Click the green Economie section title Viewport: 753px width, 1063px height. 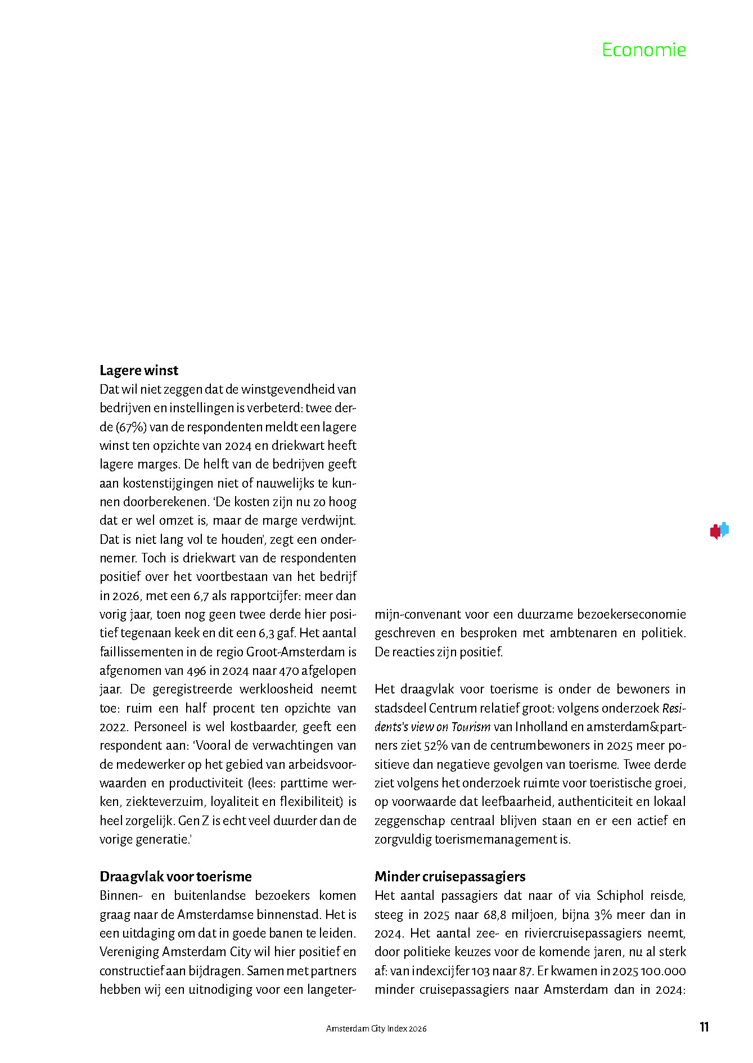pyautogui.click(x=643, y=50)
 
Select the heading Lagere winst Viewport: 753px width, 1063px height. pyautogui.click(x=139, y=370)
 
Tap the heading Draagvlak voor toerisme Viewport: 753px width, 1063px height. pyautogui.click(x=175, y=876)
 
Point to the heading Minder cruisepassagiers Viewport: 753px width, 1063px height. pyautogui.click(x=450, y=876)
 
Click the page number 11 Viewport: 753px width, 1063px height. pyautogui.click(x=704, y=1027)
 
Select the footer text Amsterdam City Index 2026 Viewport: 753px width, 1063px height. pyautogui.click(x=376, y=1029)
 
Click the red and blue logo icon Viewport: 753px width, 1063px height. pyautogui.click(x=719, y=530)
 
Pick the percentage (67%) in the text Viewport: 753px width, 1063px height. pyautogui.click(x=132, y=427)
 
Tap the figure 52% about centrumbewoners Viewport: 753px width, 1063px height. pyautogui.click(x=434, y=746)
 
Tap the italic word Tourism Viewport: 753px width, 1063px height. pyautogui.click(x=471, y=727)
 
